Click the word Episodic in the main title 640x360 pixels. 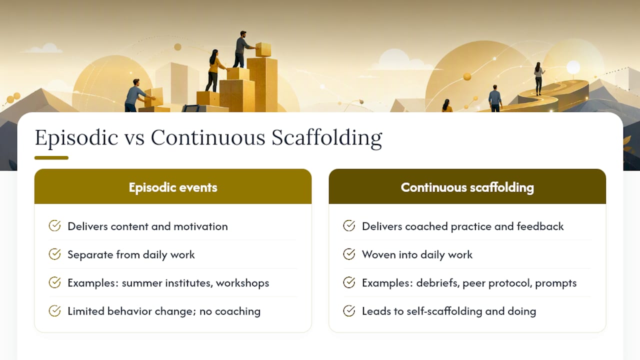click(x=76, y=138)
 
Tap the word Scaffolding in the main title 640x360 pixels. click(x=326, y=138)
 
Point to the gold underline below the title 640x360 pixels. click(x=51, y=157)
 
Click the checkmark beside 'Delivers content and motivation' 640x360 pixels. click(x=54, y=225)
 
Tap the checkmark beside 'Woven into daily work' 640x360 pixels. click(x=349, y=254)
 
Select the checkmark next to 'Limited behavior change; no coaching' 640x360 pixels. click(x=54, y=311)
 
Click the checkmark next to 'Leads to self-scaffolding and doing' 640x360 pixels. click(x=349, y=311)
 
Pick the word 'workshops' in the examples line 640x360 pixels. click(x=242, y=283)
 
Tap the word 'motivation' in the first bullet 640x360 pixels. click(x=200, y=226)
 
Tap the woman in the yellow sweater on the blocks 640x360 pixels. click(x=215, y=70)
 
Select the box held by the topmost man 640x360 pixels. click(x=263, y=49)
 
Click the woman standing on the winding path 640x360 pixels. click(x=538, y=78)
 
